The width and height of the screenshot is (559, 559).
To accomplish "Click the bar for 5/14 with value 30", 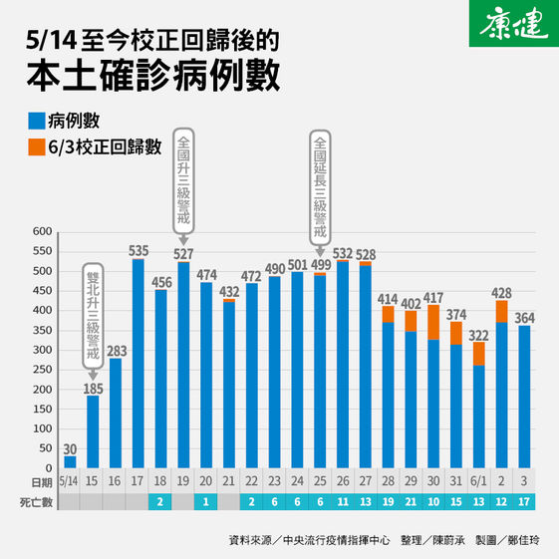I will point(70,461).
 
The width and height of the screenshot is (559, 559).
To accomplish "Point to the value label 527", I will point(182,253).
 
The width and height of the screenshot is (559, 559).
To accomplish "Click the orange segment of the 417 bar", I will point(433,322).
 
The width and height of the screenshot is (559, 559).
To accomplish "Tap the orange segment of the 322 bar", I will point(479,353).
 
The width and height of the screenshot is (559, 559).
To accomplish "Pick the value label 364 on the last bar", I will point(524,318).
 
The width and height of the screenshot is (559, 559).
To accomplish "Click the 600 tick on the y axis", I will point(42,232).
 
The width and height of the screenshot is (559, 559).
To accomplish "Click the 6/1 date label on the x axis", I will point(479,480).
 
